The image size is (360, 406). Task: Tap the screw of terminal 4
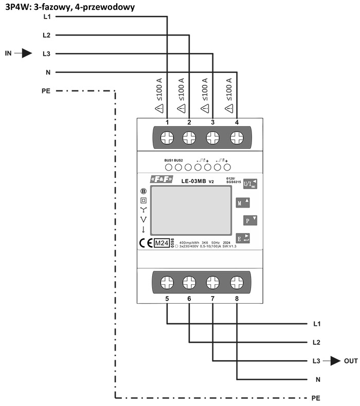coord(237,137)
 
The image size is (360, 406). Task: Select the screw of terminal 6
coord(189,282)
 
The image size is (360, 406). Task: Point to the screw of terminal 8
coord(237,282)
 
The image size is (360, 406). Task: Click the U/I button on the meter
coord(249,183)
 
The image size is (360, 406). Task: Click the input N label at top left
coord(47,72)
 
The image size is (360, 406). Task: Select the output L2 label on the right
coord(317,342)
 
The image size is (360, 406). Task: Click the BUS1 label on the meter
coord(169,160)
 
